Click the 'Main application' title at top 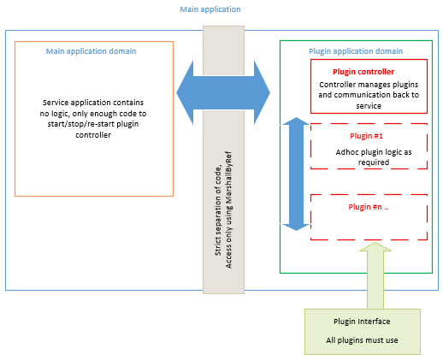(x=210, y=9)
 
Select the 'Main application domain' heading (x=91, y=51)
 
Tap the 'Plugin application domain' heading (x=356, y=51)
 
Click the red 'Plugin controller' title (x=363, y=72)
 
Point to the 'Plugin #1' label (x=366, y=136)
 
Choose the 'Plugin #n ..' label (x=369, y=207)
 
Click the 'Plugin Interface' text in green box (x=362, y=322)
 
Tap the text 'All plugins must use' (x=362, y=340)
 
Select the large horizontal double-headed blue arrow (x=223, y=92)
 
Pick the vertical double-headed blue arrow (x=296, y=174)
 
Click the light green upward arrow (x=375, y=275)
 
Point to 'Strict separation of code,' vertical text (x=218, y=211)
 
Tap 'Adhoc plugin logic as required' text (x=374, y=157)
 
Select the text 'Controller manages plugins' (x=369, y=85)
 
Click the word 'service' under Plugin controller (x=369, y=106)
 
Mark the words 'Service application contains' (x=93, y=103)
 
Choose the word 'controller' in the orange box (x=93, y=135)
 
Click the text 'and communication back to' (x=369, y=95)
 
